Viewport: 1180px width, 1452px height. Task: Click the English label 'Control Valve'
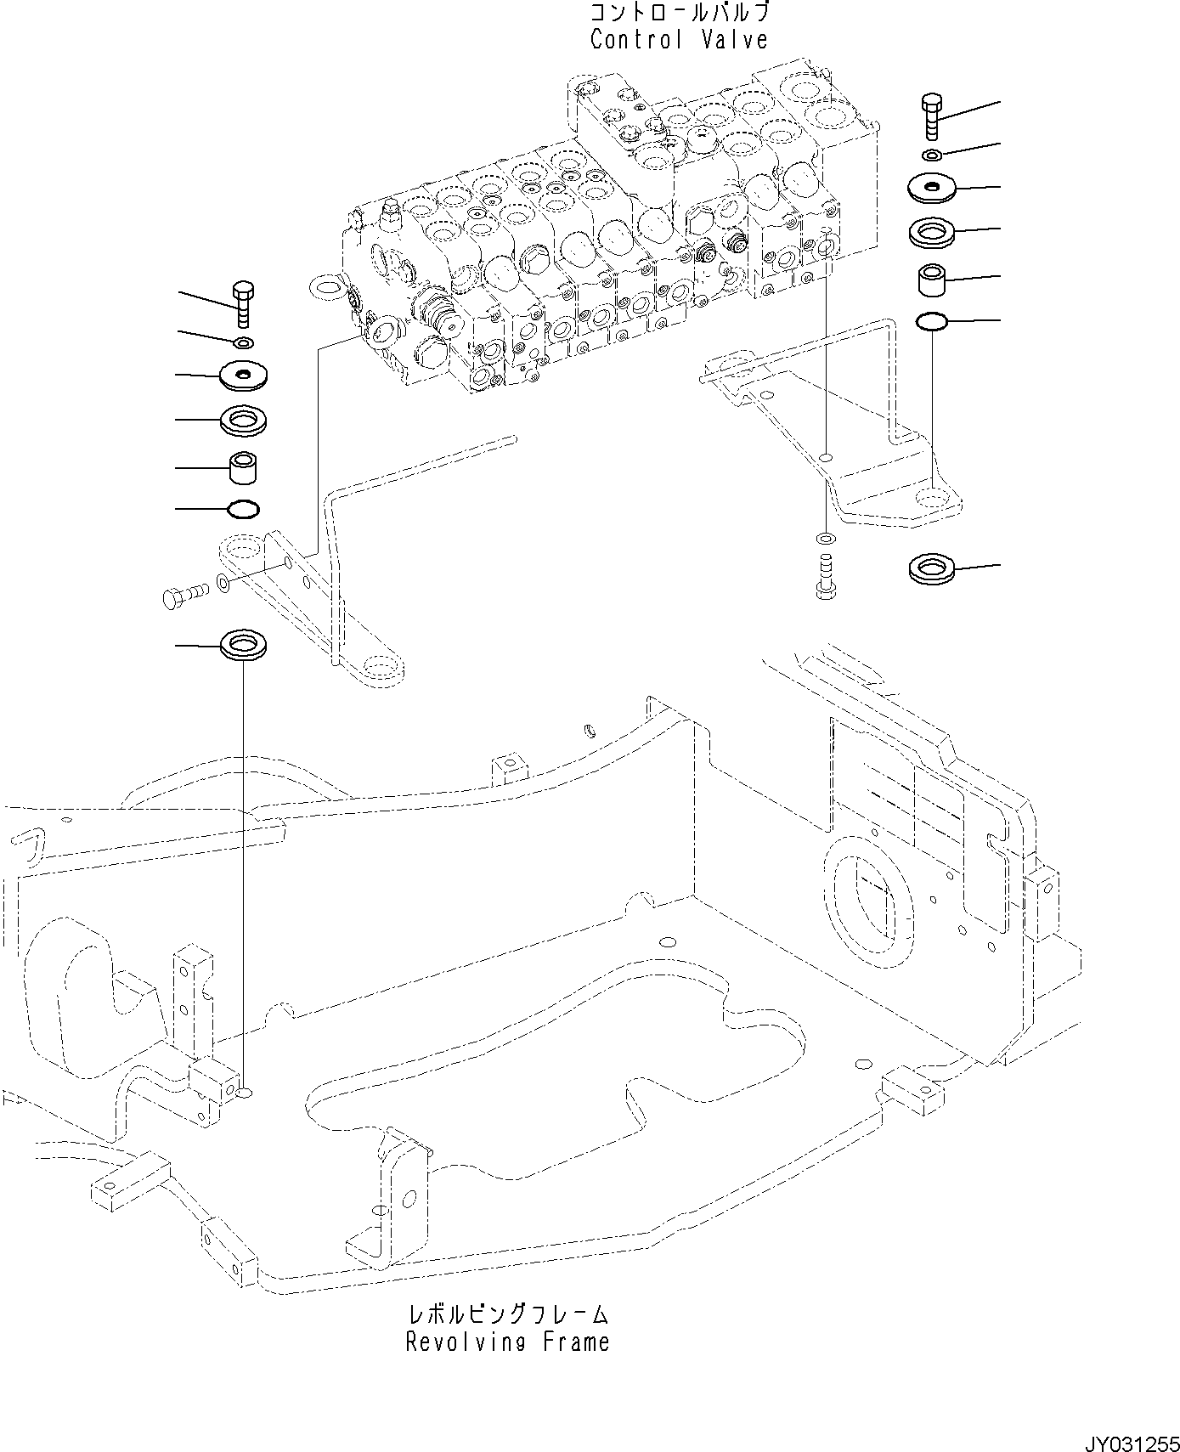[x=678, y=40]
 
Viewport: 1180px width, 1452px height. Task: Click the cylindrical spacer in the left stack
[x=243, y=466]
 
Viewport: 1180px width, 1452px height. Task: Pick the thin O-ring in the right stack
[x=932, y=321]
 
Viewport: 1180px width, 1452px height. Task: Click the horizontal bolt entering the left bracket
[x=183, y=594]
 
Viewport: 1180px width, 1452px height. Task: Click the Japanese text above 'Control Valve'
[x=678, y=13]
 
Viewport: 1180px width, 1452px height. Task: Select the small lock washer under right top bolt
[x=932, y=155]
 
